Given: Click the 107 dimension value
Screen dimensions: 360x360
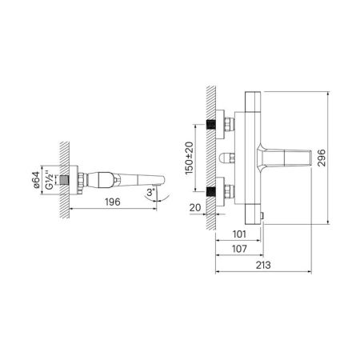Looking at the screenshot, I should click(x=238, y=250).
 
